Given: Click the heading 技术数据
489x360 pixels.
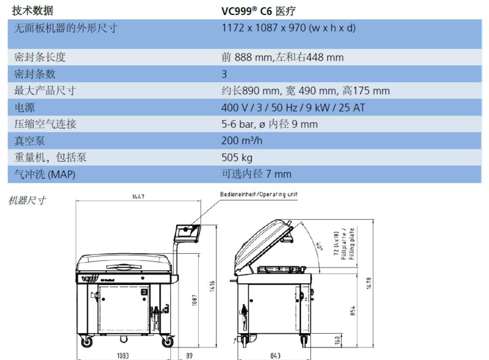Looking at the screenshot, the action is [33, 11].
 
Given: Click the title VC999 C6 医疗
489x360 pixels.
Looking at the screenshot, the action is [258, 11].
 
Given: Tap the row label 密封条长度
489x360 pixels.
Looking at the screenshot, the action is [40, 57].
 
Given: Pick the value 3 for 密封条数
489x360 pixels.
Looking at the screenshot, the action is [224, 74].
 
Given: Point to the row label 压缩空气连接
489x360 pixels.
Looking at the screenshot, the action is [45, 124].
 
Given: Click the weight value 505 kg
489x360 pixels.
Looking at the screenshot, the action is [237, 158].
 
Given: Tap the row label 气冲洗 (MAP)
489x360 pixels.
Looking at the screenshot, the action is [45, 174].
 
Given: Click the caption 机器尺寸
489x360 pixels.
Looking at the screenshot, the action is [27, 200].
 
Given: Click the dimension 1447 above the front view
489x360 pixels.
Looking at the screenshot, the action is [138, 197].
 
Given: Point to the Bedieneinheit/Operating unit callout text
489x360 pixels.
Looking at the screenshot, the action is [259, 194].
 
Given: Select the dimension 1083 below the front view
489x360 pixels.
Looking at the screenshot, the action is [123, 356].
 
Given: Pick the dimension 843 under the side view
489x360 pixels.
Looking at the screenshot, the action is [275, 356].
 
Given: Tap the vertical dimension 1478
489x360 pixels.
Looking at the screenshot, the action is [369, 283].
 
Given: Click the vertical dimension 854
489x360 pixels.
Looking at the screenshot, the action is [353, 311].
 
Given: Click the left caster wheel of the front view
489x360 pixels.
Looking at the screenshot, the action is [87, 342].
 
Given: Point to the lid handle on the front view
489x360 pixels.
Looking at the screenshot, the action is [124, 267].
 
